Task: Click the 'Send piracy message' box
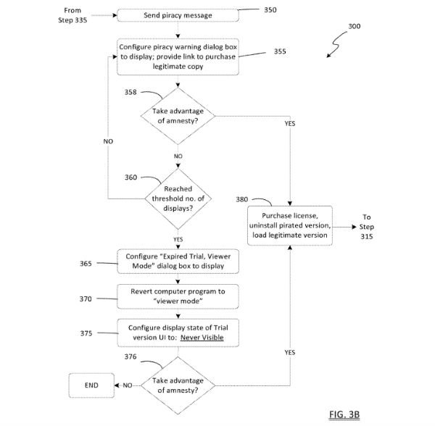178,15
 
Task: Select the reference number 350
270,10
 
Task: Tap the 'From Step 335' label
72,15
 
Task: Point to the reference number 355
280,51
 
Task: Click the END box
91,385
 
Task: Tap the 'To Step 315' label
366,227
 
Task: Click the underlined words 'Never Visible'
202,338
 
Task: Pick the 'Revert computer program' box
178,296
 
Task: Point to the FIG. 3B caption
344,414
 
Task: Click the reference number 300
355,26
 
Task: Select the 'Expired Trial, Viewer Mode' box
178,262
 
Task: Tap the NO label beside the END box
128,385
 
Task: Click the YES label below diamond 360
178,240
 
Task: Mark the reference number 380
242,199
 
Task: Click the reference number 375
86,333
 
